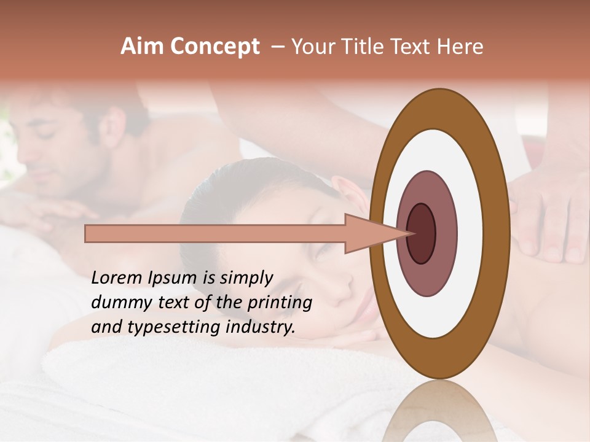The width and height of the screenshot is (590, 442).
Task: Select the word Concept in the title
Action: click(x=215, y=47)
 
